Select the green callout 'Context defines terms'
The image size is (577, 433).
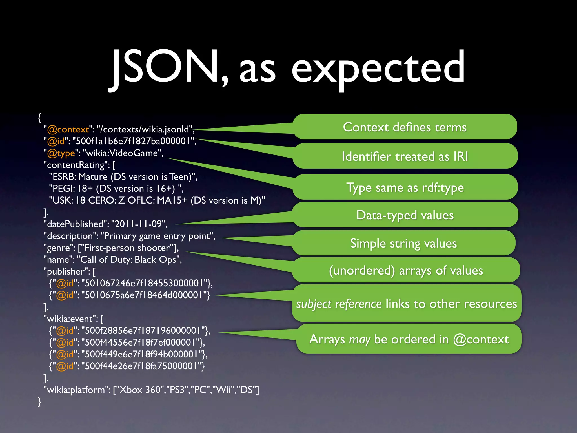[405, 127]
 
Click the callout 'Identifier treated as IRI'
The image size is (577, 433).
[405, 156]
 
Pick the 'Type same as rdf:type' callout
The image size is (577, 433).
[405, 187]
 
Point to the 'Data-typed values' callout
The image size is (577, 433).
[405, 215]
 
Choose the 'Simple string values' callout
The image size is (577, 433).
[403, 243]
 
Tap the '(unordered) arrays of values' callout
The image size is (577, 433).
[406, 270]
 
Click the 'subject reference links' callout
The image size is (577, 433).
[406, 304]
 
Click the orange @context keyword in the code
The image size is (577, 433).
[68, 129]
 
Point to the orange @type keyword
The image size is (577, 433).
[61, 153]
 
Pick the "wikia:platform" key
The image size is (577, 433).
[76, 390]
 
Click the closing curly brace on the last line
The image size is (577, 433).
[39, 401]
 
